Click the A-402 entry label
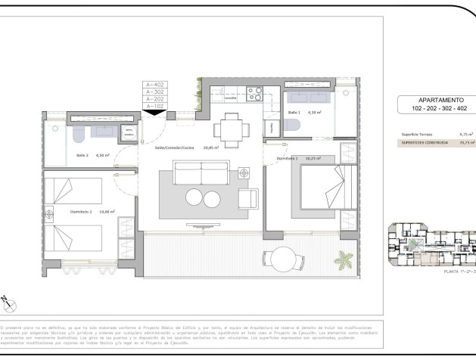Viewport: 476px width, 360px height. click(154, 85)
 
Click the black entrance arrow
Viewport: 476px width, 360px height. click(154, 114)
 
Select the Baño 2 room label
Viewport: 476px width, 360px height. click(83, 155)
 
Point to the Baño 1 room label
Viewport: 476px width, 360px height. click(294, 113)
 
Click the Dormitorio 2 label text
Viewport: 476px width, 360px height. click(80, 213)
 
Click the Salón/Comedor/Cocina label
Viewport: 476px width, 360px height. click(176, 149)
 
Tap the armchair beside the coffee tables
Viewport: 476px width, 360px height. click(247, 199)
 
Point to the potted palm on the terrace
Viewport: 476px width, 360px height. click(344, 262)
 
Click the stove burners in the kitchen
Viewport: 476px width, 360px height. click(255, 96)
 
